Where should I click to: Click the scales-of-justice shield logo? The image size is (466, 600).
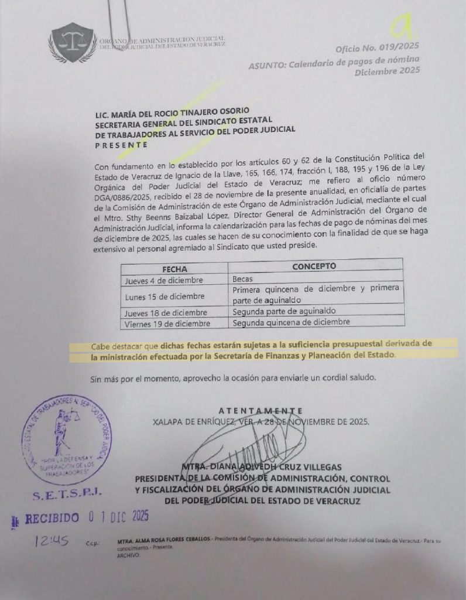point(72,42)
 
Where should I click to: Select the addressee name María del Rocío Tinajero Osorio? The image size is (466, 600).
point(173,111)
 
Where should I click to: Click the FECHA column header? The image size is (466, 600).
point(174,269)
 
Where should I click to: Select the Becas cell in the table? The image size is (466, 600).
point(244,279)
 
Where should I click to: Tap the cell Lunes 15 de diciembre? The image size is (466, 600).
point(165,296)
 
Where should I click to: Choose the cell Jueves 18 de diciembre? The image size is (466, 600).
point(166,312)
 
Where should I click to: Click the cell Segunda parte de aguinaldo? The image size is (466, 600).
point(283,311)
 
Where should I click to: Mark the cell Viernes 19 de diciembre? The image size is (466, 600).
point(167,323)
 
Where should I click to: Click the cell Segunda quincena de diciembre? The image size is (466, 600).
point(291,322)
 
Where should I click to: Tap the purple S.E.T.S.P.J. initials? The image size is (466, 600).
point(66,495)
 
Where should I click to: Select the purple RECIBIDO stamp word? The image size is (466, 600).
point(49,518)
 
